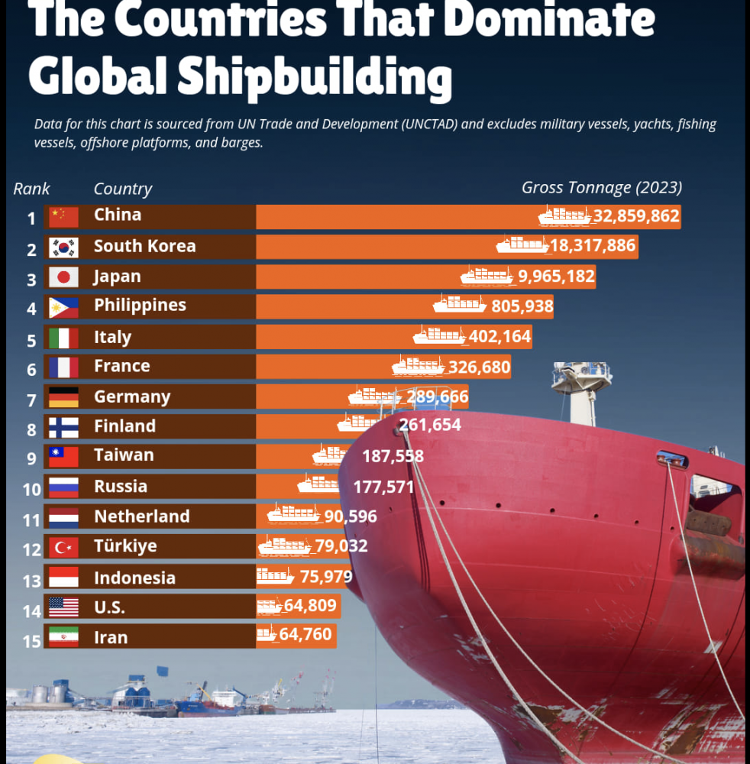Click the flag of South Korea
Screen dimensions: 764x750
coord(63,248)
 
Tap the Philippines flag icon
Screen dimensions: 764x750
coord(63,307)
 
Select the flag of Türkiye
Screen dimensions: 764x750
coord(63,547)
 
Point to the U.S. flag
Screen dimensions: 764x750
coord(63,607)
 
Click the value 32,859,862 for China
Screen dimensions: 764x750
coord(636,216)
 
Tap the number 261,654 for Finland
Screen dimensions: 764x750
coord(430,425)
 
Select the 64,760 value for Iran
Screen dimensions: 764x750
coord(305,634)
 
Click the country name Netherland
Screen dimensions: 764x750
coord(141,516)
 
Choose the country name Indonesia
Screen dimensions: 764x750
coord(134,578)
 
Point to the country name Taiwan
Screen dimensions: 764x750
coord(124,455)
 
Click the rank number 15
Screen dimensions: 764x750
coord(31,640)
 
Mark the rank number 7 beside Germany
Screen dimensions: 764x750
coord(31,400)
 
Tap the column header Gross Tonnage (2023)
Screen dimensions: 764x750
coord(602,187)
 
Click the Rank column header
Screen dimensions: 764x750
coord(31,189)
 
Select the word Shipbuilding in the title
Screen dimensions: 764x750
coord(314,78)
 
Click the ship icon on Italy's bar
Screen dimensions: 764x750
coord(439,335)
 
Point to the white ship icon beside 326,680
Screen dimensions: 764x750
coord(418,366)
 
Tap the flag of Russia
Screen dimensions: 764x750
coord(63,487)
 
